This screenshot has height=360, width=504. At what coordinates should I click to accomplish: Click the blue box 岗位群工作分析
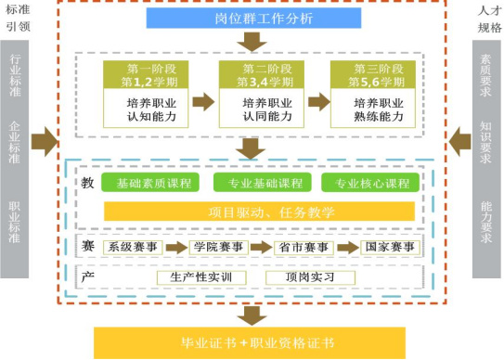point(250,17)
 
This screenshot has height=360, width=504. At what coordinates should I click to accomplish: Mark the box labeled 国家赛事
point(388,247)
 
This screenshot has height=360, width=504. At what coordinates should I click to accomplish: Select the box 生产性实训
point(195,276)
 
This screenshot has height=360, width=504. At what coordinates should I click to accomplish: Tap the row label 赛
point(87,246)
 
